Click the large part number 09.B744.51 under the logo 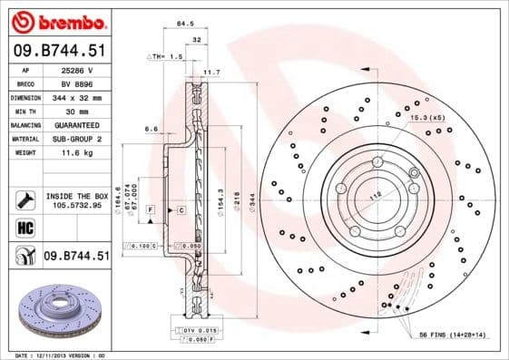[x=58, y=51]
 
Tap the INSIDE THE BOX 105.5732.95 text [x=76, y=200]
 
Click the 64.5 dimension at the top [x=185, y=22]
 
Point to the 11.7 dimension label [x=211, y=71]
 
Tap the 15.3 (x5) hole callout [x=426, y=119]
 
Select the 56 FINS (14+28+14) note [x=451, y=335]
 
